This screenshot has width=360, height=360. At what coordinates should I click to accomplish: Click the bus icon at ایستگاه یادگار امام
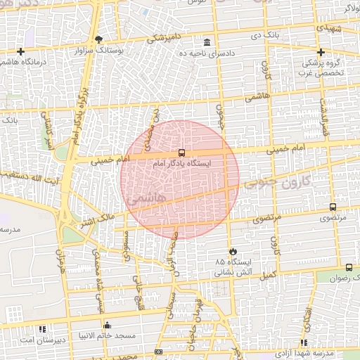click(181, 153)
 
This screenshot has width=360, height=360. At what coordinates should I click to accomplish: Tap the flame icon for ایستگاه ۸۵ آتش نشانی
click(232, 251)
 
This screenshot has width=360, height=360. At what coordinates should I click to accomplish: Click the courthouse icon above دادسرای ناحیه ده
click(206, 42)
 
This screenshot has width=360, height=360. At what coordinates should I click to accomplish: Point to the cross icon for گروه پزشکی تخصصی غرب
click(321, 52)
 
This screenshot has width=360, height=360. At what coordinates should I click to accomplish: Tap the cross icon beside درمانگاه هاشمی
click(21, 51)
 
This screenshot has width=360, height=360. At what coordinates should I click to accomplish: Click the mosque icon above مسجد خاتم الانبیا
click(107, 325)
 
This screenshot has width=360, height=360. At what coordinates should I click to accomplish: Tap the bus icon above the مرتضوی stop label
click(333, 207)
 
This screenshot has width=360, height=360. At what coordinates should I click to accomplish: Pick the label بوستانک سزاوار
click(101, 51)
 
